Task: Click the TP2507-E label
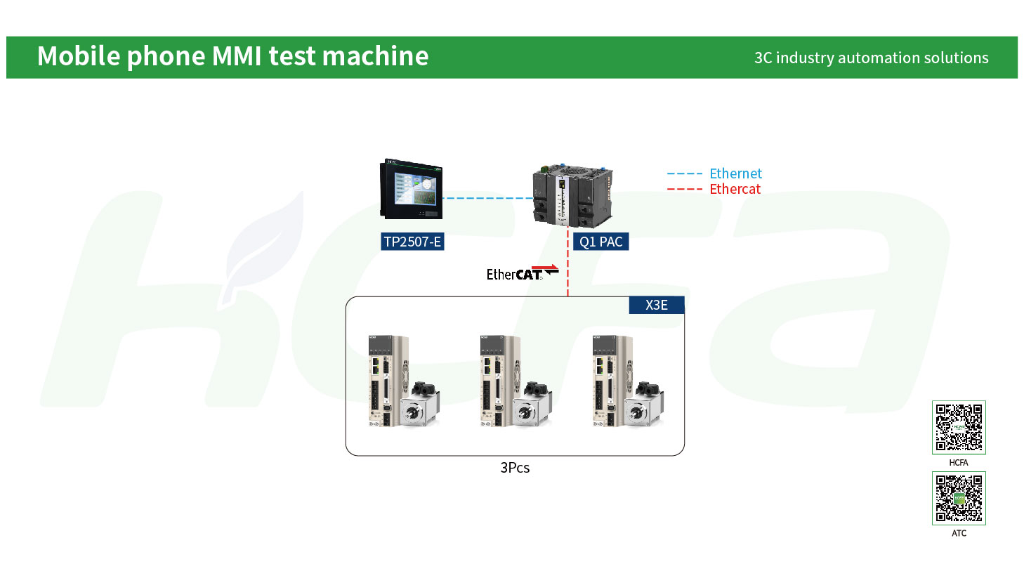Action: [x=412, y=242]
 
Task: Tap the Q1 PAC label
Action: [x=600, y=242]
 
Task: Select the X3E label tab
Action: [x=657, y=305]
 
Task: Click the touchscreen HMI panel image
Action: [x=411, y=189]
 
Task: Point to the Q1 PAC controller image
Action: [x=573, y=196]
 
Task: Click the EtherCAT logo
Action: [x=523, y=273]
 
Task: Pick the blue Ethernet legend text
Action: [x=735, y=173]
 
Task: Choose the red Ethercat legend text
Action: [x=735, y=189]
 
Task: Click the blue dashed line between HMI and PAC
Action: [x=488, y=198]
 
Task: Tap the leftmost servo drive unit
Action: [x=388, y=381]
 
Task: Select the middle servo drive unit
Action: [x=500, y=381]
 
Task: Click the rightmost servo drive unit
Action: [x=612, y=381]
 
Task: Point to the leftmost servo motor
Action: [x=421, y=405]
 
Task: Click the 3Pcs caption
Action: [x=515, y=468]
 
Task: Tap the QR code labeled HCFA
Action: [x=959, y=428]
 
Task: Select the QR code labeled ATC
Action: [x=959, y=499]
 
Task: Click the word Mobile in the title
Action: [x=79, y=55]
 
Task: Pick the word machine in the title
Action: [x=375, y=55]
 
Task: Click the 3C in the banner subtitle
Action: [x=763, y=58]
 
